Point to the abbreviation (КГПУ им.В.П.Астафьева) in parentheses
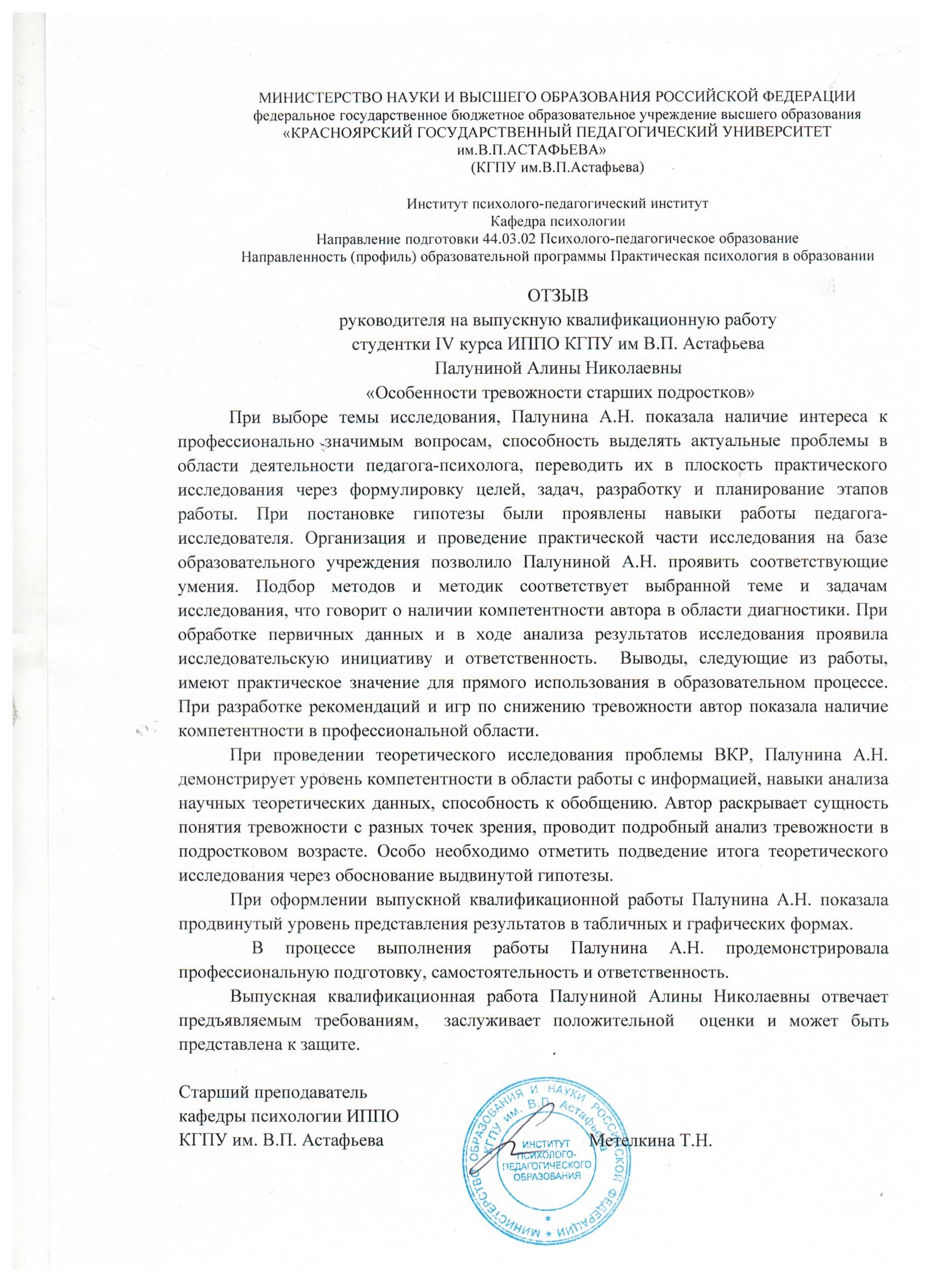pyautogui.click(x=557, y=167)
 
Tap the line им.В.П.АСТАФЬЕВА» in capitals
pyautogui.click(x=533, y=150)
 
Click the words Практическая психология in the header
pyautogui.click(x=682, y=256)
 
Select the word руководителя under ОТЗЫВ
pyautogui.click(x=389, y=320)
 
